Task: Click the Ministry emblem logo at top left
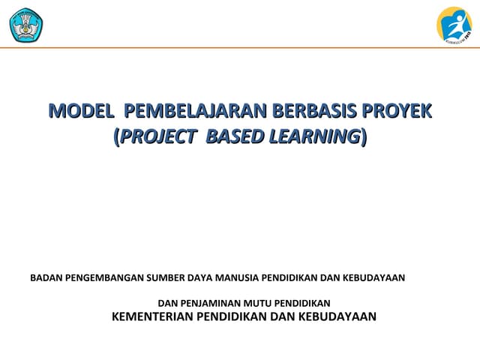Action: pyautogui.click(x=25, y=25)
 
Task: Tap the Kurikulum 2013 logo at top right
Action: pyautogui.click(x=454, y=25)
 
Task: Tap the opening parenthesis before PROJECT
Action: pyautogui.click(x=115, y=136)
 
